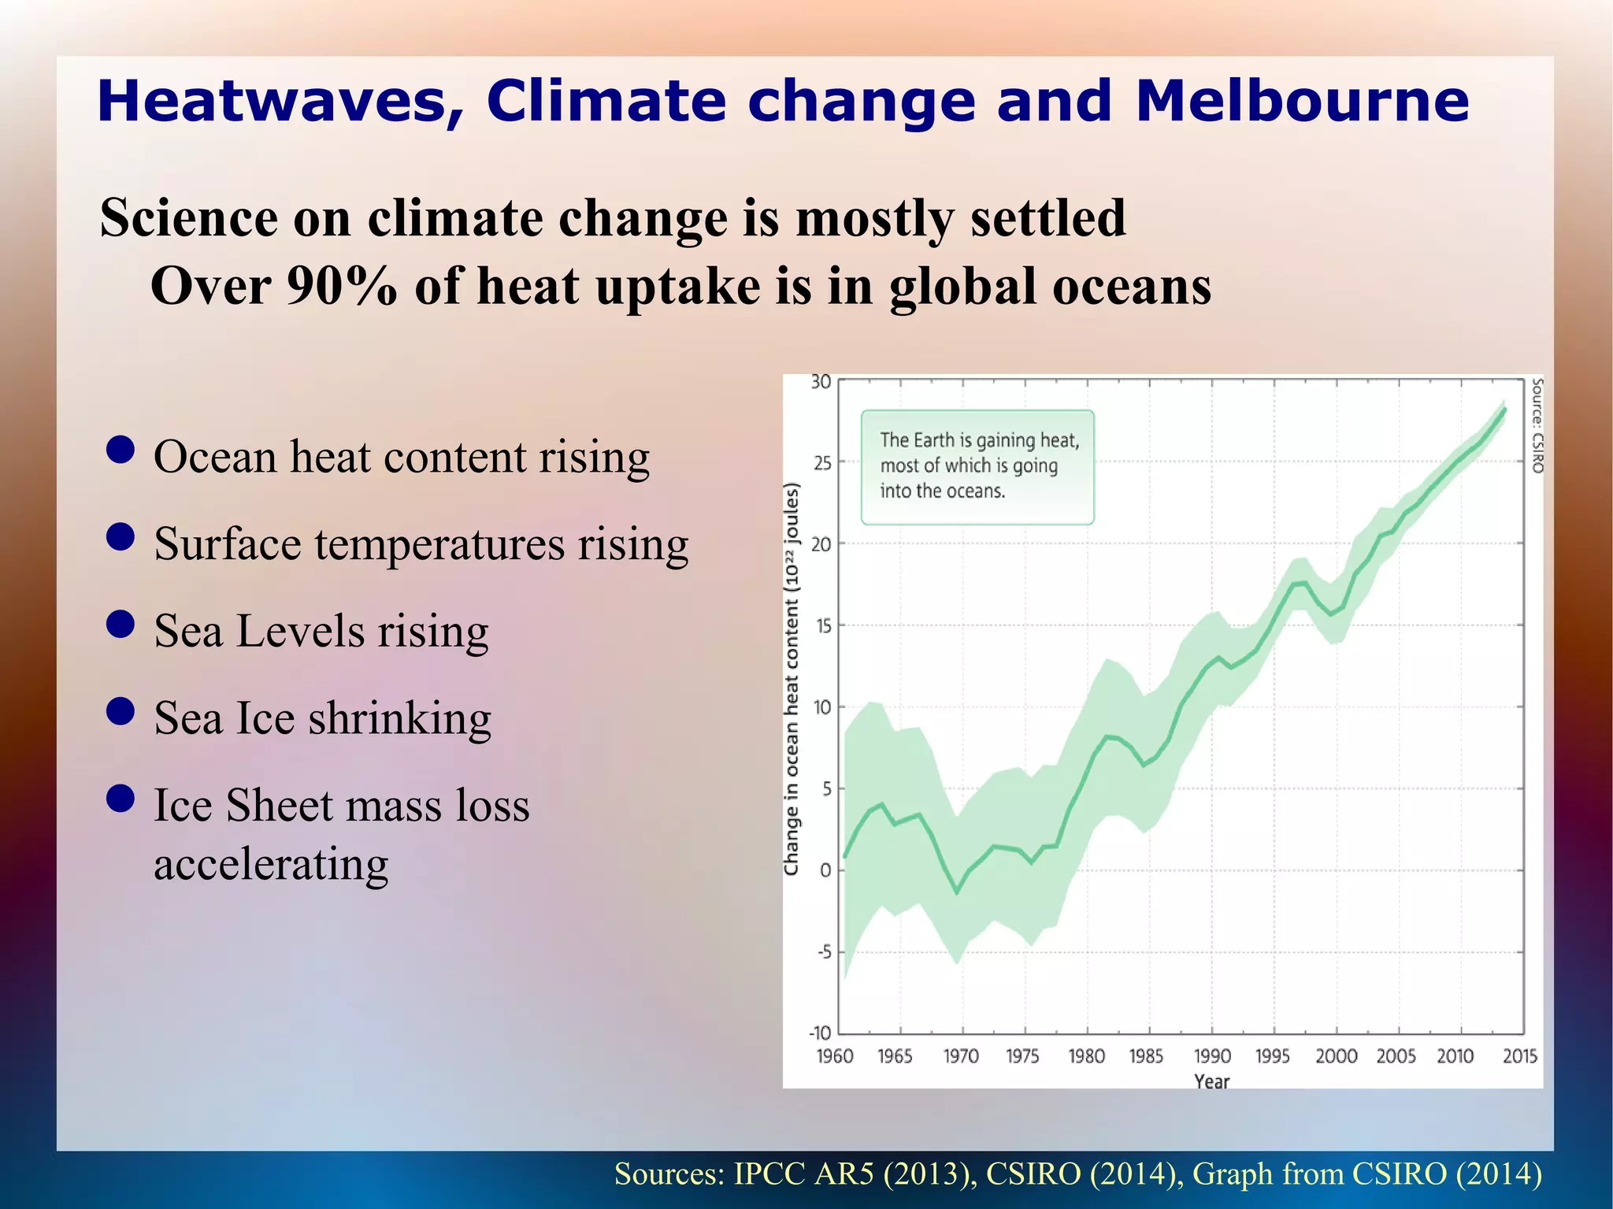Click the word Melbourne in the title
point(1302,101)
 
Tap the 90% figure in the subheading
point(341,286)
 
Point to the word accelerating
point(271,864)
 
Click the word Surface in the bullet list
point(228,543)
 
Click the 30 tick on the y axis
point(821,382)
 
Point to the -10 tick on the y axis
point(820,1033)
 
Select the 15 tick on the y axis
point(823,627)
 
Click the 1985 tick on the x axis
point(1146,1056)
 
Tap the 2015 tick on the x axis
point(1519,1056)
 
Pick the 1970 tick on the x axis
point(961,1056)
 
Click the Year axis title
point(1211,1081)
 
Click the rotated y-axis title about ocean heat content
point(792,679)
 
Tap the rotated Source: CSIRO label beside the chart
point(1537,425)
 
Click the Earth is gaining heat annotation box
point(977,466)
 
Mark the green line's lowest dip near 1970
point(957,892)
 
